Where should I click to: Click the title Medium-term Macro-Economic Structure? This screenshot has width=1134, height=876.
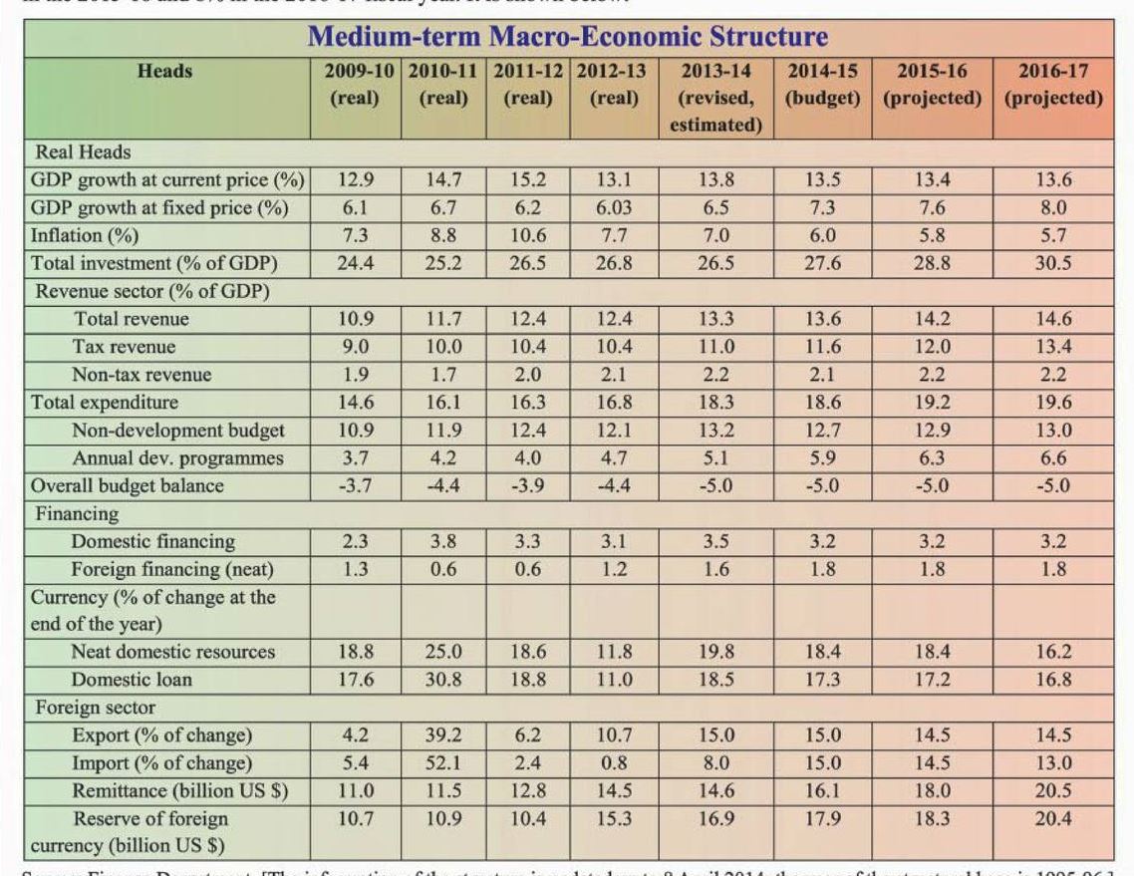[567, 38]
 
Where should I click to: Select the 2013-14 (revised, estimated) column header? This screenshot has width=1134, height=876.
[715, 98]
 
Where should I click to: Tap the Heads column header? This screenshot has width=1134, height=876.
[165, 72]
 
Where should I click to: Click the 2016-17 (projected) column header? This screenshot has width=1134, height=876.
[1052, 85]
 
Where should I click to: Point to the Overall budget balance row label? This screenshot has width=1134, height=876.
[128, 486]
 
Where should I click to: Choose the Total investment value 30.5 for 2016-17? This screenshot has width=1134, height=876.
[1052, 264]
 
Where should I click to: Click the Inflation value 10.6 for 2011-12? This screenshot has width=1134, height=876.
[527, 236]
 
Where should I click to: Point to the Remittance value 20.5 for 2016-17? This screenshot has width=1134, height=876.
[1052, 791]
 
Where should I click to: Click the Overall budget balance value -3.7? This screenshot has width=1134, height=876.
[355, 486]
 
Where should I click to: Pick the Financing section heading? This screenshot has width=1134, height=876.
[77, 514]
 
